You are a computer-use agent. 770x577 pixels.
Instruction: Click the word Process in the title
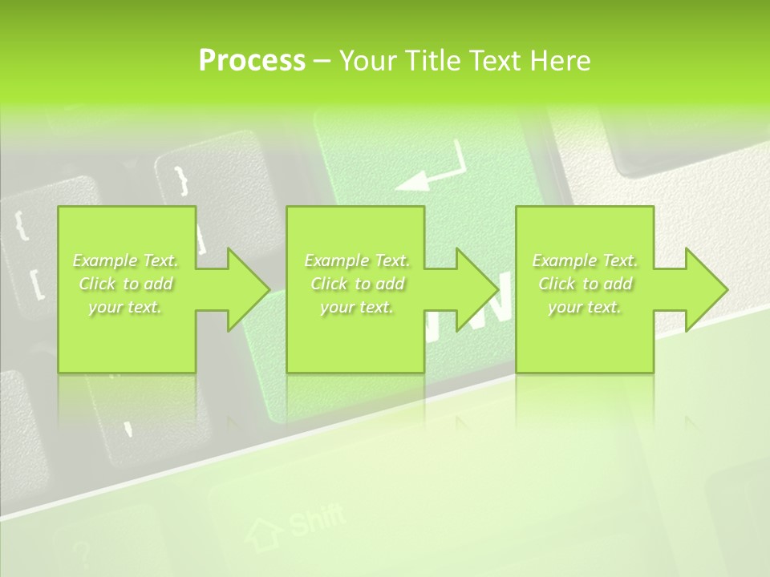click(252, 61)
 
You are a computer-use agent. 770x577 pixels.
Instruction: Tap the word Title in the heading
click(432, 61)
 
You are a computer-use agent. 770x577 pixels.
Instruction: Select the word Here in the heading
click(561, 61)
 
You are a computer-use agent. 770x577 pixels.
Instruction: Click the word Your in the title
click(370, 61)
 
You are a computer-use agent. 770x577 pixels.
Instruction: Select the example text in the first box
click(126, 284)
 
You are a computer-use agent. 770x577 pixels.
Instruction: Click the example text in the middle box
click(357, 284)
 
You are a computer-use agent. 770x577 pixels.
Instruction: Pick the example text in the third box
click(585, 284)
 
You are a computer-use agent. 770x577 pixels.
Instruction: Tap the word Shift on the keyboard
click(316, 520)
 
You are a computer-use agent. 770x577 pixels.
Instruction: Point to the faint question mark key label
click(79, 554)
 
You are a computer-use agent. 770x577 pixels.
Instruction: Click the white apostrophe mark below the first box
click(128, 430)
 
